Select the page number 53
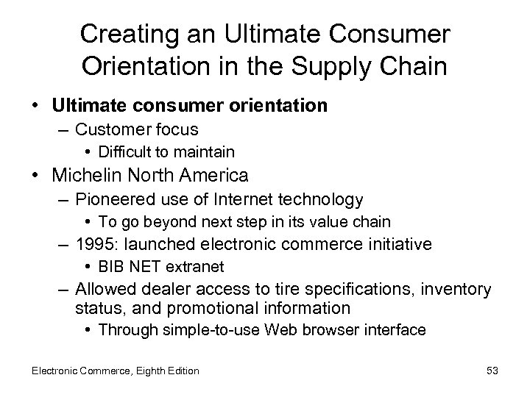coord(492,371)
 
